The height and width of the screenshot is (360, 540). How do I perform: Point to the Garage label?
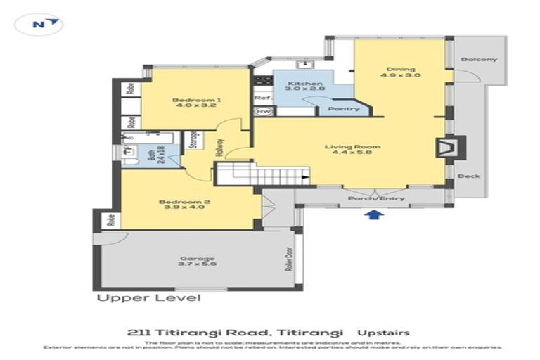tap(196, 262)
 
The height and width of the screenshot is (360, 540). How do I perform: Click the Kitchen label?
tap(299, 88)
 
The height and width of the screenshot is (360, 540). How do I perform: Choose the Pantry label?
tap(344, 109)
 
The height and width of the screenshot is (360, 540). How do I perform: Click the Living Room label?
tap(352, 150)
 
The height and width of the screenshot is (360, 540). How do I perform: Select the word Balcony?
tap(478, 59)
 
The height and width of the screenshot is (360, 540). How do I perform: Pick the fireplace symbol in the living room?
tap(446, 148)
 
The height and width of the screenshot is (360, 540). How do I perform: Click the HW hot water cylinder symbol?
tap(263, 111)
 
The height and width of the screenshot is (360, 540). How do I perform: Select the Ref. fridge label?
tap(263, 98)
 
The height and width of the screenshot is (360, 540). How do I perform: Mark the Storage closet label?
tap(193, 141)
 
